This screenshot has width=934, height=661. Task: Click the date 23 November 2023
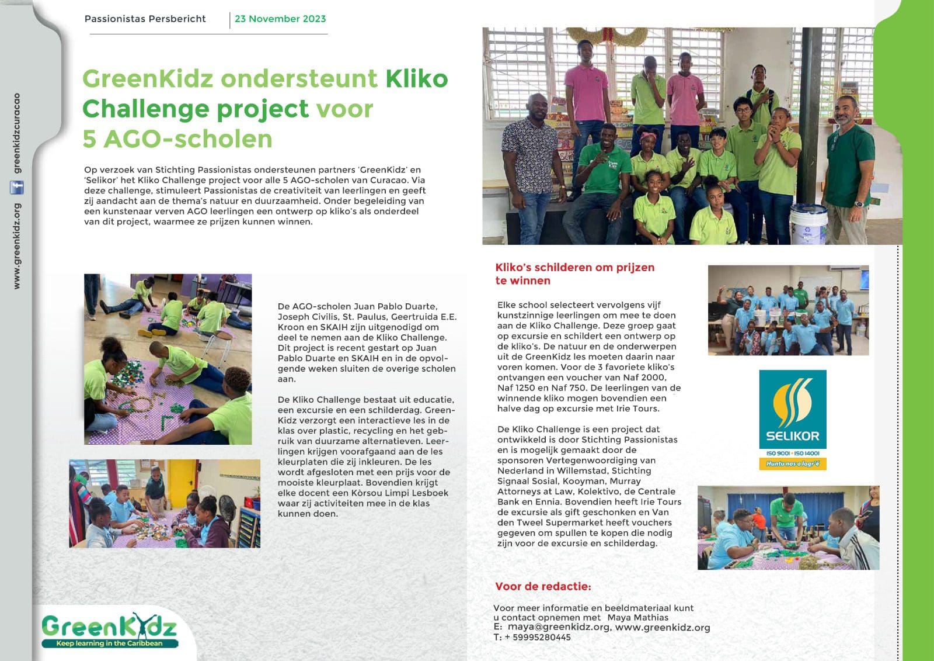(280, 19)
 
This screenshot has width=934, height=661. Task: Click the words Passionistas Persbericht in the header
(145, 19)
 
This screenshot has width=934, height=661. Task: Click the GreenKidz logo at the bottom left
(109, 630)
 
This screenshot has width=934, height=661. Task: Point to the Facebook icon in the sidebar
(17, 188)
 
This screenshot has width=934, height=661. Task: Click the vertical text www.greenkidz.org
(17, 245)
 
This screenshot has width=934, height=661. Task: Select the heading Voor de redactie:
(543, 586)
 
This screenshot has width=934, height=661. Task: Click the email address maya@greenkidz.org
(559, 627)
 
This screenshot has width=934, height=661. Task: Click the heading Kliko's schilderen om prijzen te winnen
(574, 274)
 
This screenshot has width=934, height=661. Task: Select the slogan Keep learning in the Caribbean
(109, 643)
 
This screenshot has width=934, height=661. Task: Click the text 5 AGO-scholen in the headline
(177, 139)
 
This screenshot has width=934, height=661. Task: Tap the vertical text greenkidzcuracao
(17, 133)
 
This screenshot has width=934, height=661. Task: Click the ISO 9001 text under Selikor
(778, 453)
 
